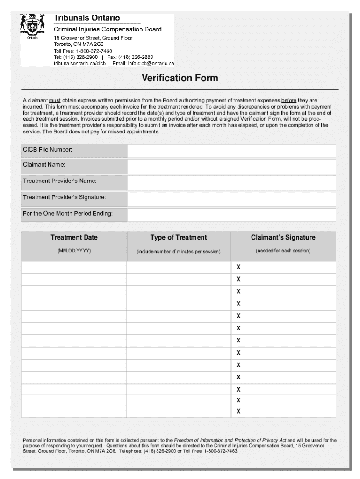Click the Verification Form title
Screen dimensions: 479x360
(180, 78)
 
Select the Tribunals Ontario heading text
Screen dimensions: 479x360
(86, 18)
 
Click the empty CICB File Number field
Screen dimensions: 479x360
(231, 151)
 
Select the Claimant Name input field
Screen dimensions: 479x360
(231, 167)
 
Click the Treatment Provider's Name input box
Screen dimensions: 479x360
(231, 183)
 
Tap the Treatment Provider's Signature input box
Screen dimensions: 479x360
(231, 199)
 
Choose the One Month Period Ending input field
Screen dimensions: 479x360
(231, 215)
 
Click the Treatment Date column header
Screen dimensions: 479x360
(74, 238)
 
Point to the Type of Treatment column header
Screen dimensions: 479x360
(179, 238)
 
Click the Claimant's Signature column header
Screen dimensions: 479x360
(283, 238)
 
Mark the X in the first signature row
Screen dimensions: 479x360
(238, 267)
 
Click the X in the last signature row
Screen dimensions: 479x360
(238, 412)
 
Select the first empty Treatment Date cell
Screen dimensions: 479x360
(74, 267)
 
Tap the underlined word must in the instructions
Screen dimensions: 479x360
(55, 100)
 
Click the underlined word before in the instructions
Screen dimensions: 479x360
(288, 100)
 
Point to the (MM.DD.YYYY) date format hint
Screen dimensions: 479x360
(74, 251)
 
